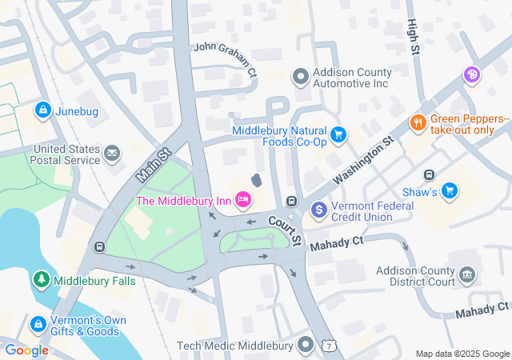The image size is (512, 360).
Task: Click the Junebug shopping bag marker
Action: [x=42, y=111]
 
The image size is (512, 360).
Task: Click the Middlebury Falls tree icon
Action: [x=40, y=280]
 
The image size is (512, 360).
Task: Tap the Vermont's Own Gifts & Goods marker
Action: [x=37, y=324]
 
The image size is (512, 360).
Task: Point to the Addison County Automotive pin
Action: [x=301, y=77]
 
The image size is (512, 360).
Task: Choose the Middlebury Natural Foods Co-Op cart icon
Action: [x=338, y=134]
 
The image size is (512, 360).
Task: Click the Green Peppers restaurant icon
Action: [x=417, y=123]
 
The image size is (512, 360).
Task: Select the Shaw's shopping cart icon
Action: [x=450, y=190]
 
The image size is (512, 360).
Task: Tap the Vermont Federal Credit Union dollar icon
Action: [x=319, y=210]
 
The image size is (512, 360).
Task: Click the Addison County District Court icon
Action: [x=467, y=276]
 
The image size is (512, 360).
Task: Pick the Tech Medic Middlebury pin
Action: [x=306, y=346]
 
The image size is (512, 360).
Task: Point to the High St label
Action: [x=413, y=38]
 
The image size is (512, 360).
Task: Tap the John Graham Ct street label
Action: [x=226, y=58]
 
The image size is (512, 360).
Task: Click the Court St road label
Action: [x=285, y=230]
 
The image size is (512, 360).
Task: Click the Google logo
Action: [x=26, y=350]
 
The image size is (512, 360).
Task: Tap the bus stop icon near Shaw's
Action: [x=429, y=174]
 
